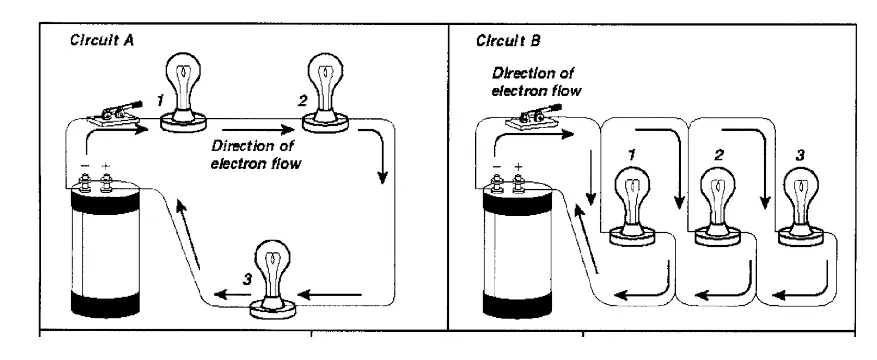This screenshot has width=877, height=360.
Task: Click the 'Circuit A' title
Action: pos(102,40)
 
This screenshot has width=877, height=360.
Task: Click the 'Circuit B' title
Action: pos(508,41)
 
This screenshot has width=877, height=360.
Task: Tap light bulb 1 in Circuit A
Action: pos(183,91)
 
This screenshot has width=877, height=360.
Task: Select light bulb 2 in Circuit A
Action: pos(324,92)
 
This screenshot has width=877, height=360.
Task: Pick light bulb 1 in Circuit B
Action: pos(632,207)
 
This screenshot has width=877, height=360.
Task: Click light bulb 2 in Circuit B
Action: pos(718,207)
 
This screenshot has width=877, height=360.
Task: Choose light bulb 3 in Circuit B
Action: pos(801,207)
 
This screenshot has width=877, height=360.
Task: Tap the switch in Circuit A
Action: pos(116,113)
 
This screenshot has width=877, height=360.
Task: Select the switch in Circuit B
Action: pos(533,115)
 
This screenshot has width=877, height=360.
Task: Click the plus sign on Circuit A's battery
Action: pos(106,166)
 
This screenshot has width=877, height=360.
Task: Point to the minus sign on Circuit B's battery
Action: pos(497,166)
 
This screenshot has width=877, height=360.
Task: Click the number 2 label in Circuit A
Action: pos(303,101)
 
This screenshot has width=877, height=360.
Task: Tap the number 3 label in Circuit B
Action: pos(800,155)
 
